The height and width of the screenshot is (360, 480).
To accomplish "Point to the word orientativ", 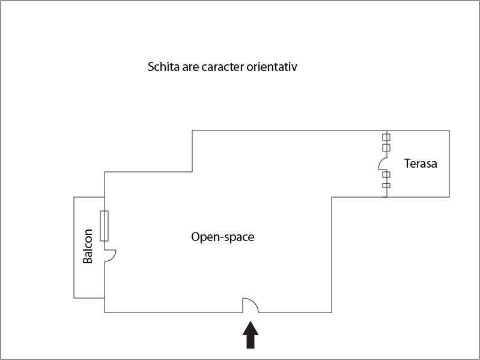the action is click(272, 67).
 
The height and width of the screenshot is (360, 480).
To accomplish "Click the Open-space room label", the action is click(222, 237).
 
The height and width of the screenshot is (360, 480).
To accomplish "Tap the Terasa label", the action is click(421, 163).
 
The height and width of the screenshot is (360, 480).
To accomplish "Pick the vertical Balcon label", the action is click(88, 246).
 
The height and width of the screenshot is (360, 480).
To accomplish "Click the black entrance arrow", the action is click(251, 335).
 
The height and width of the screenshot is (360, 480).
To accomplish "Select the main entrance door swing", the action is click(251, 305).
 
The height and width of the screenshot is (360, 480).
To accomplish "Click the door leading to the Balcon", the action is click(110, 255).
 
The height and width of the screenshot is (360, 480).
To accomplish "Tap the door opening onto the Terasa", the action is click(383, 164).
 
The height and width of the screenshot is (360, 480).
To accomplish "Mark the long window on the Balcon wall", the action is click(104, 226).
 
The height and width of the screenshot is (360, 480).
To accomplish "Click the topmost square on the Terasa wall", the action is click(386, 137).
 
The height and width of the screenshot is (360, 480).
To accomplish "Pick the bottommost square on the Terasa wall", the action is click(386, 185).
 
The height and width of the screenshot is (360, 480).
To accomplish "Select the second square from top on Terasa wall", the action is click(386, 148).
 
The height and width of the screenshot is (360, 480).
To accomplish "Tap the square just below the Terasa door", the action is click(386, 174).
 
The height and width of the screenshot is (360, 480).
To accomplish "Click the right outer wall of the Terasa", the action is click(449, 163).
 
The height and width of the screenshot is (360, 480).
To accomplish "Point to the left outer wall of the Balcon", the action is click(74, 248).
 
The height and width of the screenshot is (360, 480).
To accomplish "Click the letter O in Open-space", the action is click(195, 237).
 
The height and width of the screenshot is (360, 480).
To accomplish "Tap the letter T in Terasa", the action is click(407, 163).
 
